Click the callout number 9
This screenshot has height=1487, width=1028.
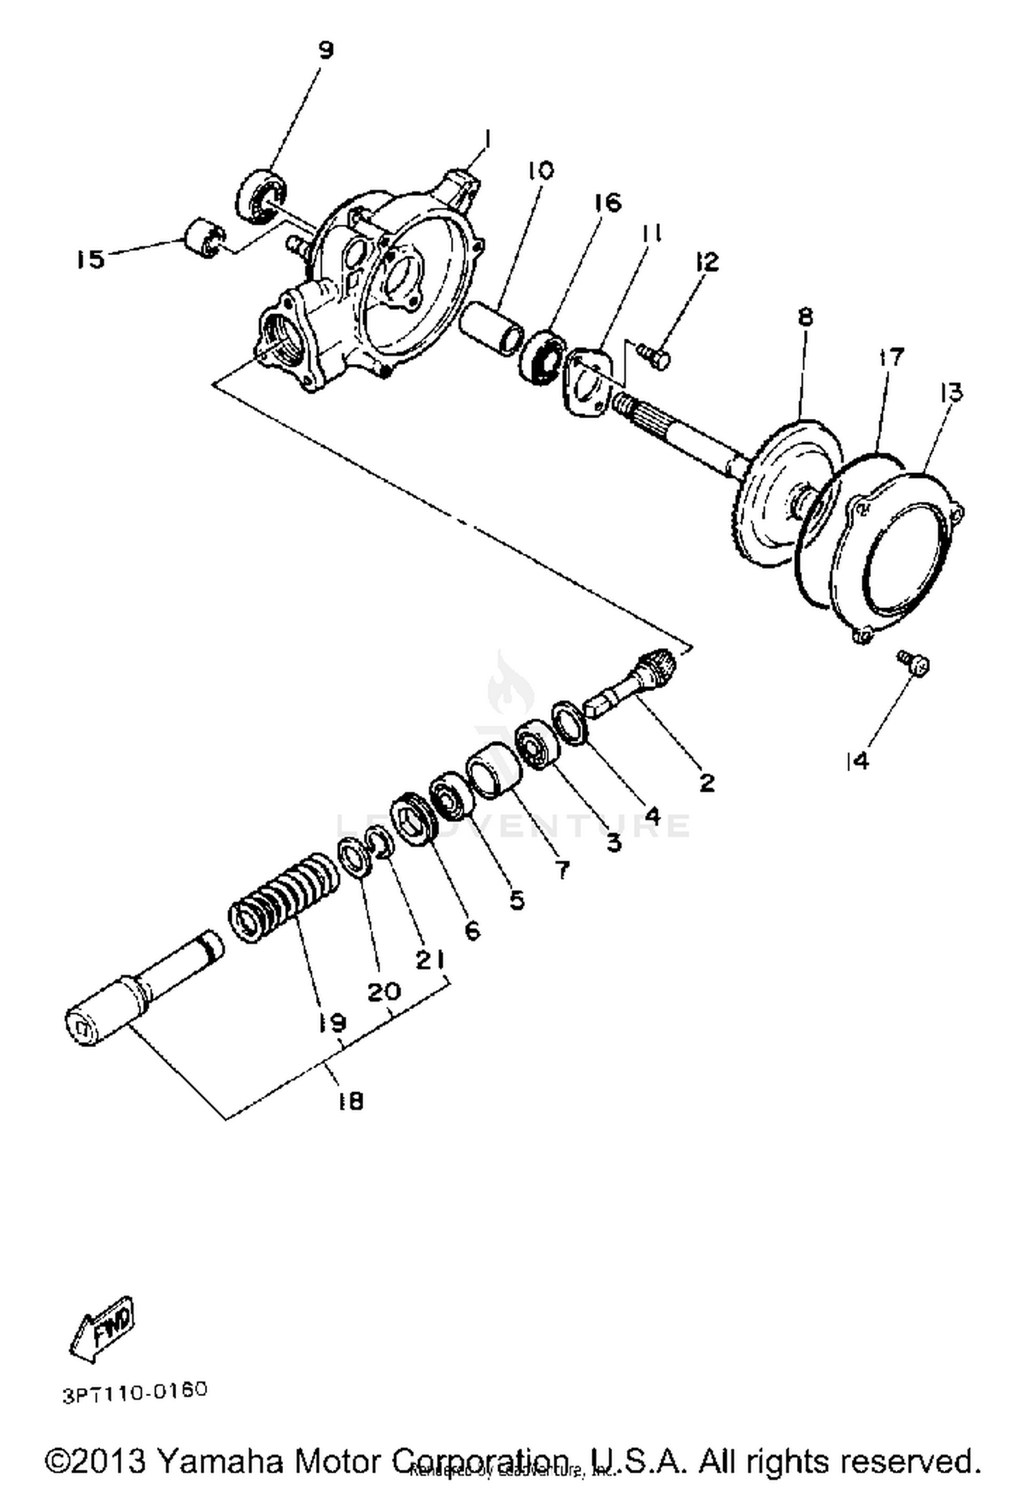[x=326, y=50]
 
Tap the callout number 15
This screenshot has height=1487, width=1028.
[x=90, y=260]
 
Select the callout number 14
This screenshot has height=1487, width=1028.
[x=857, y=760]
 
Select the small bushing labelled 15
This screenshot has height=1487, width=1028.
[x=204, y=238]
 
